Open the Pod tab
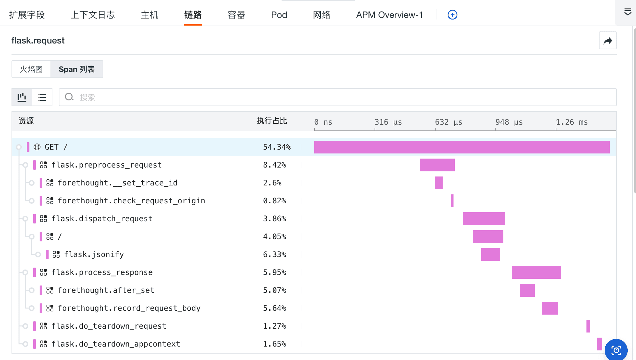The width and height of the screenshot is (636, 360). [279, 15]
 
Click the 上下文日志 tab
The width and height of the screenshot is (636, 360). [92, 15]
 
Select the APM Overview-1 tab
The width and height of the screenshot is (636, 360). [389, 15]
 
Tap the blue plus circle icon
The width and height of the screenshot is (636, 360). [452, 15]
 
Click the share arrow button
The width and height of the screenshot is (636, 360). [608, 41]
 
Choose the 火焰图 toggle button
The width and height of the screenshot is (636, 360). [31, 69]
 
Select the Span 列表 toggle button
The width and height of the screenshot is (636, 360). [77, 69]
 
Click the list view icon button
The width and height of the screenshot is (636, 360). [42, 97]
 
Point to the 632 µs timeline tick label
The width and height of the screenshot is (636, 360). [448, 122]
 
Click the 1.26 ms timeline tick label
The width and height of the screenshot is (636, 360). [571, 122]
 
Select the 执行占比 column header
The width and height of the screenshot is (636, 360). [272, 121]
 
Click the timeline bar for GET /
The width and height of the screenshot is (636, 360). [461, 147]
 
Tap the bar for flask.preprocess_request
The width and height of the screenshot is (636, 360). [437, 165]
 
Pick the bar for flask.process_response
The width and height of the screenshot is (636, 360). [536, 272]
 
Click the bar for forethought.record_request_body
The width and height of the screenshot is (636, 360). [550, 308]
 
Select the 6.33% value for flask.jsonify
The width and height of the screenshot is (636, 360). [274, 254]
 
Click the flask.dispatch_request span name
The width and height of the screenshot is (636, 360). [102, 219]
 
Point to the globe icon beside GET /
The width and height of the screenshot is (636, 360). [37, 147]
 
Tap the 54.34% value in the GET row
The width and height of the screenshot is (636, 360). [276, 147]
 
